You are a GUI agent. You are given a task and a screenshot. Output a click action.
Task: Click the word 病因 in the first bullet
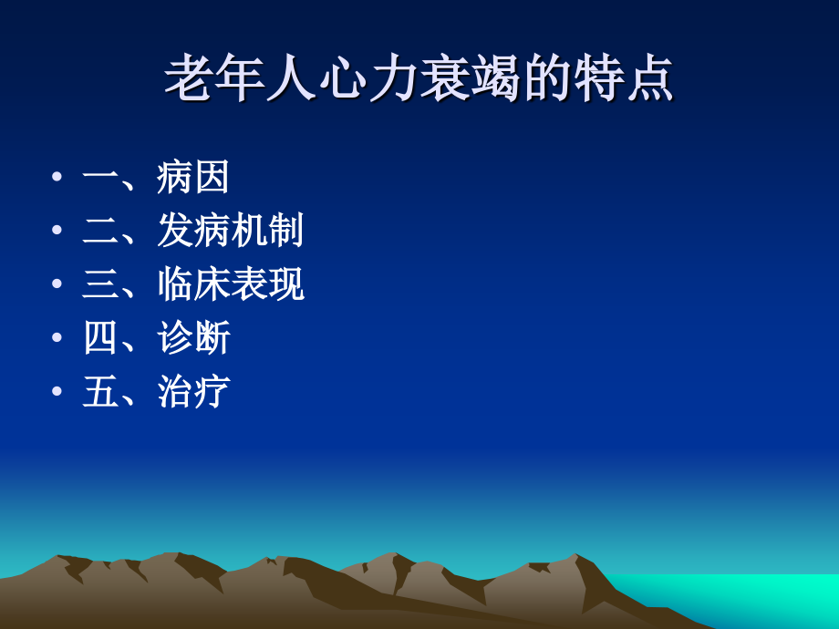[x=192, y=177]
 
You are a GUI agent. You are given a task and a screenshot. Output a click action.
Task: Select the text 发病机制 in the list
[x=230, y=231]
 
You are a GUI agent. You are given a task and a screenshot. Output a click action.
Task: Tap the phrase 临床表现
[x=230, y=284]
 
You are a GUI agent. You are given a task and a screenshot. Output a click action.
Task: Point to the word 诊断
[x=193, y=338]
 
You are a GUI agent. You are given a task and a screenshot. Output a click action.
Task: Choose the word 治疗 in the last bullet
[x=193, y=392]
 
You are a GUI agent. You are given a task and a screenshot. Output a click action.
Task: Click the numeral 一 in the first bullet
[x=100, y=177]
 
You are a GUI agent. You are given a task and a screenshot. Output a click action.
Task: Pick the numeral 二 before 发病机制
[x=100, y=231]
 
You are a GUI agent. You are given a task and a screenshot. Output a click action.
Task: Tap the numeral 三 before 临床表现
[x=100, y=284]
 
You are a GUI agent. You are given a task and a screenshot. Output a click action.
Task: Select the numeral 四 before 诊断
[x=100, y=338]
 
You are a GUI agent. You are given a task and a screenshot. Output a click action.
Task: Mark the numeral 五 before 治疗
[x=100, y=392]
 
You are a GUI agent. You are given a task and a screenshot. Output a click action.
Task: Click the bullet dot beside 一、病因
[x=57, y=177]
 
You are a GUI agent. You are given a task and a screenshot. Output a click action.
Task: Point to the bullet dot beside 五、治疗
[x=57, y=392]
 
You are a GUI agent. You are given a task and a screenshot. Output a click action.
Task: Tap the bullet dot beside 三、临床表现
[x=57, y=284]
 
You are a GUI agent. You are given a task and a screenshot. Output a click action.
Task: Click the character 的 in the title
[x=546, y=79]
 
